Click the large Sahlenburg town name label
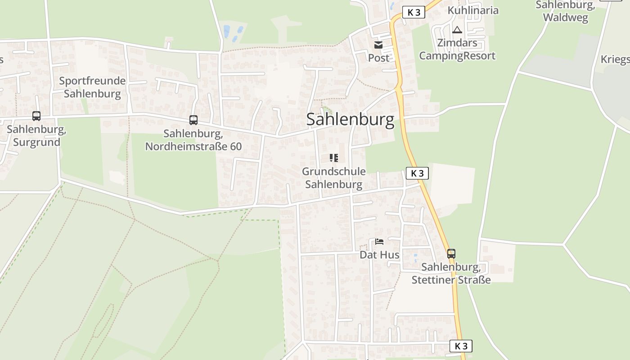click(350, 120)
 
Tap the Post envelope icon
click(378, 45)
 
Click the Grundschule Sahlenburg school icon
click(333, 157)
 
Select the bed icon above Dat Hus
click(379, 242)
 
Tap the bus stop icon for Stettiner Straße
click(451, 253)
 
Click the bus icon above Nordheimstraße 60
click(193, 120)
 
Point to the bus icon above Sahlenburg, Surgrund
click(36, 116)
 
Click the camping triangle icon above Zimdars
click(457, 30)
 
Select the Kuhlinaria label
click(473, 10)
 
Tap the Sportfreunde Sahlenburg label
click(92, 87)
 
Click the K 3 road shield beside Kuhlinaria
click(414, 12)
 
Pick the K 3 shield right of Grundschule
click(417, 173)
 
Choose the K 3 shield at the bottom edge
click(461, 346)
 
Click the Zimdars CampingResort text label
click(457, 50)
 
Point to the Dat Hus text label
click(379, 255)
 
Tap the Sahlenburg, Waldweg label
click(565, 11)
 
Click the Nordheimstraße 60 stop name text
click(193, 140)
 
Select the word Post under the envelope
click(378, 58)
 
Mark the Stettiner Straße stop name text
click(451, 273)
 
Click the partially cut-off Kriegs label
click(615, 59)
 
